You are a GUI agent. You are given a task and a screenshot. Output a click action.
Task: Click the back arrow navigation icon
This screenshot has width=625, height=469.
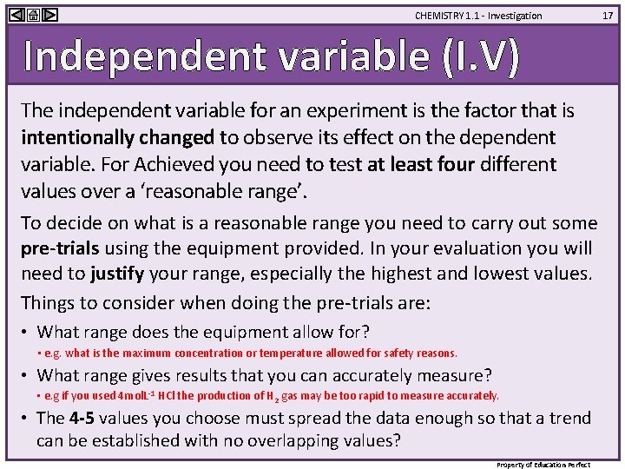[14, 15]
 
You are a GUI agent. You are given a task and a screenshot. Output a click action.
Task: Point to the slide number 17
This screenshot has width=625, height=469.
[609, 15]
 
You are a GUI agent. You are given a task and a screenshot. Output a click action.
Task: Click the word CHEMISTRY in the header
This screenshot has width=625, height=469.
[440, 16]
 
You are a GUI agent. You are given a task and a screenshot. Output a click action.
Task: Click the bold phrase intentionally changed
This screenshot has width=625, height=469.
[117, 137]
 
